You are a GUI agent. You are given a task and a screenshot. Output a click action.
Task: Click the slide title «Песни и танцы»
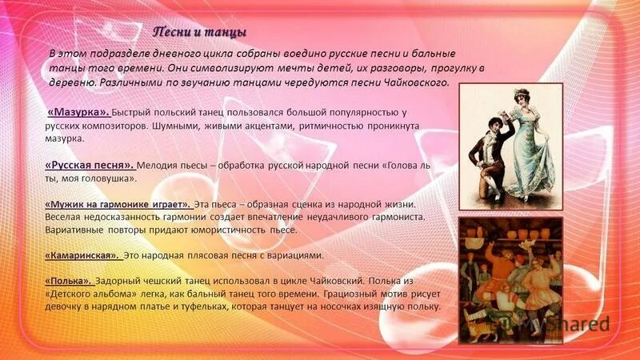click(x=200, y=31)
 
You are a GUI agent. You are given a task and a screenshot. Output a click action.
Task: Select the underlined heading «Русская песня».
click(x=88, y=166)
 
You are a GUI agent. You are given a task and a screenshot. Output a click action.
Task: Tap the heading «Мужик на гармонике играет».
click(x=118, y=204)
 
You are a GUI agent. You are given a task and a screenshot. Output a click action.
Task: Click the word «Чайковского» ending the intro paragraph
click(x=416, y=82)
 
